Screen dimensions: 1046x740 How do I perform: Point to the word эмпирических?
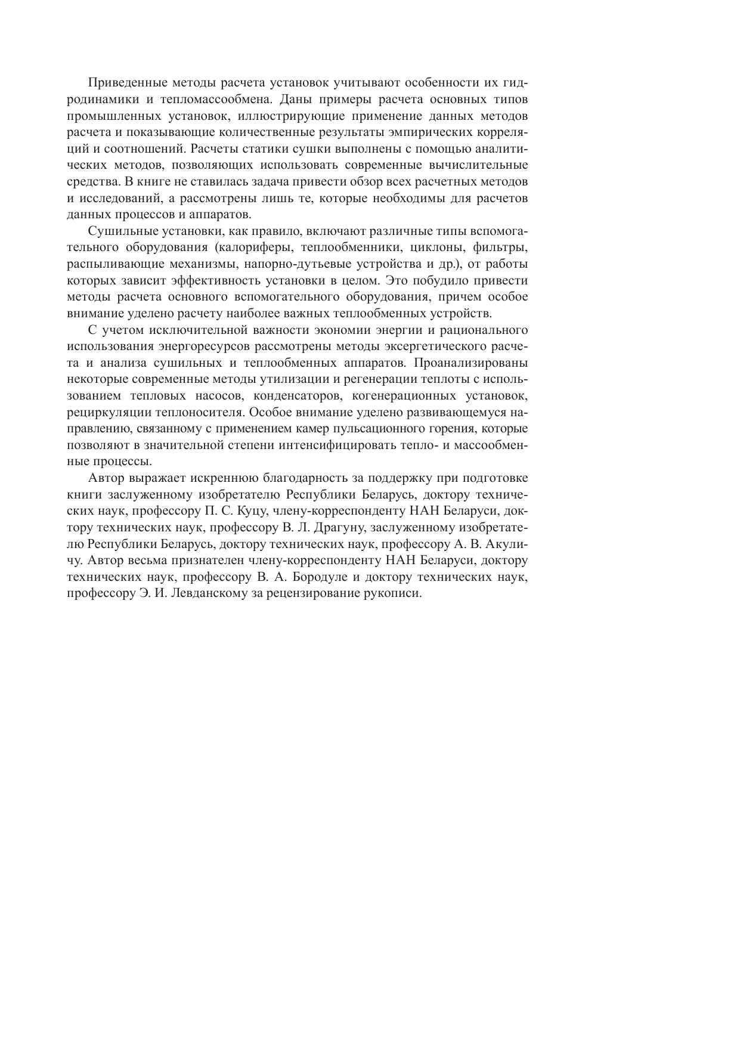[439, 132]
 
